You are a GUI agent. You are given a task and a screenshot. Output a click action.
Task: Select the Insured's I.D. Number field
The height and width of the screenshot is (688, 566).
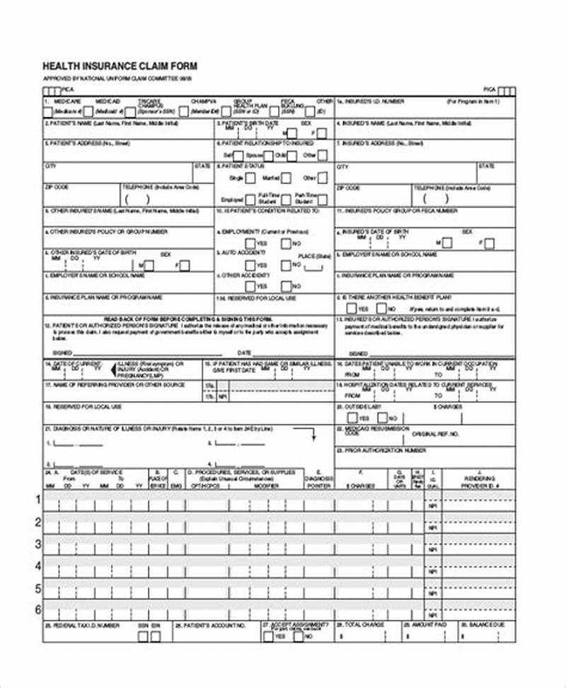424,112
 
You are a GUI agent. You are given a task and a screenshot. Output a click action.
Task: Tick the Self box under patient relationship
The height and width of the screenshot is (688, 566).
238,155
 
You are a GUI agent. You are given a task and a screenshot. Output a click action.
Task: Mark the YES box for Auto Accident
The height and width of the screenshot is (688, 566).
250,265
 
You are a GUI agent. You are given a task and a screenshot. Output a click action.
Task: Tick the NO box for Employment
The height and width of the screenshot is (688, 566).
287,243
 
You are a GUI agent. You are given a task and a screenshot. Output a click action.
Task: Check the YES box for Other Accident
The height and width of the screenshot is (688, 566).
250,287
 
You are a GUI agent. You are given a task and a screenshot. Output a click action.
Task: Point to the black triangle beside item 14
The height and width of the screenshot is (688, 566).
112,369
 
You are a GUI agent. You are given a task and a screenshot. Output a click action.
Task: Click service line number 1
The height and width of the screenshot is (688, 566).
38,500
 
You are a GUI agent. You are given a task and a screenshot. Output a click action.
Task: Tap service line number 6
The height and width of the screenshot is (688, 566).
38,609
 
